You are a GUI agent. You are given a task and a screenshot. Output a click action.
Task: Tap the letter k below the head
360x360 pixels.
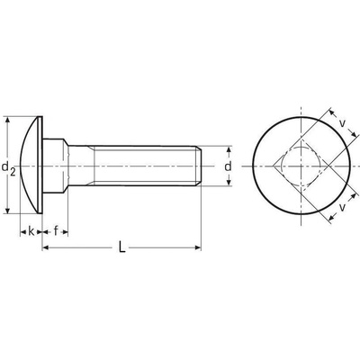coord(31,231)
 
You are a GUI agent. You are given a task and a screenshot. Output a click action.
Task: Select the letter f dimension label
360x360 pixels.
coord(56,231)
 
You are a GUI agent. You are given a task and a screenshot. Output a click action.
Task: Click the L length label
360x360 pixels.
coord(121,247)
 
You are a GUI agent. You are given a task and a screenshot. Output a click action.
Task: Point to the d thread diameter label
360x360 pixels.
coord(229,166)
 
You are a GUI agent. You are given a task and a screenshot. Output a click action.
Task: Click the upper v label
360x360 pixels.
coord(342,123)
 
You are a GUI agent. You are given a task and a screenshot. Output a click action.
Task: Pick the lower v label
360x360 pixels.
coord(342,207)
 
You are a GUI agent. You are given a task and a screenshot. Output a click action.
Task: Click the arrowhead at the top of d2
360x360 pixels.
coord(8,120)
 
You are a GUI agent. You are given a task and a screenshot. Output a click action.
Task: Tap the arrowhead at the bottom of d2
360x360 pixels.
coord(8,210)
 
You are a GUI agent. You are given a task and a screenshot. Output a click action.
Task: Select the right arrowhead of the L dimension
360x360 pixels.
coord(197,247)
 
